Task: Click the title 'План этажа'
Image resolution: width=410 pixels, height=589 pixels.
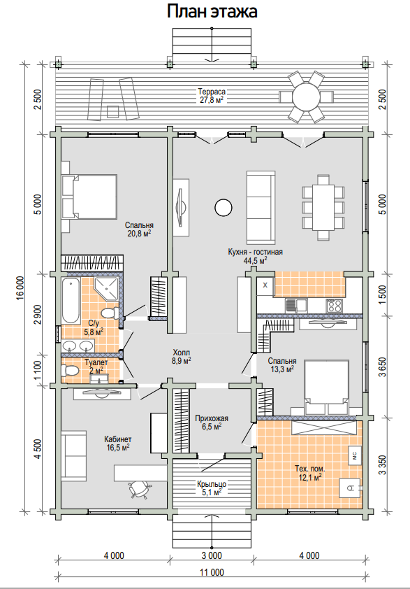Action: click(x=212, y=11)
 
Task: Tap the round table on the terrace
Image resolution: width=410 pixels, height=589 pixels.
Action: click(x=306, y=97)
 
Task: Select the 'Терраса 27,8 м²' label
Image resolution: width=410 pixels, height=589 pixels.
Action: click(x=212, y=96)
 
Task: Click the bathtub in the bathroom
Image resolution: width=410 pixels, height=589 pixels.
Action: click(x=71, y=301)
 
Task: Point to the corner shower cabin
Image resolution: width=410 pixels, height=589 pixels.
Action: click(x=107, y=288)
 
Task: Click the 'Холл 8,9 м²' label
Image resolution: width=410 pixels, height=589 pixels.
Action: click(x=182, y=357)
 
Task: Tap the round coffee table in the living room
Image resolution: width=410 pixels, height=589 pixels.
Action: click(x=224, y=207)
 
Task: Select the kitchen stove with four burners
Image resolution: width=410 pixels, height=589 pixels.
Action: click(x=334, y=305)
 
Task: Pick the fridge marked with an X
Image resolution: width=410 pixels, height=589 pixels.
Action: click(x=265, y=285)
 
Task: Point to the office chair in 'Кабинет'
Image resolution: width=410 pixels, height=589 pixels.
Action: click(x=139, y=489)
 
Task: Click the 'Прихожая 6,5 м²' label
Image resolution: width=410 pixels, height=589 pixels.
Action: click(x=212, y=422)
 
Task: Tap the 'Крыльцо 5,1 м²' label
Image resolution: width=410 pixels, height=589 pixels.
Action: click(x=212, y=488)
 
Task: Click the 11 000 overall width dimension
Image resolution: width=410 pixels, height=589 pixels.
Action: click(x=212, y=572)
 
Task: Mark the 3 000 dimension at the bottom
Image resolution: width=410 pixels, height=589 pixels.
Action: click(x=212, y=555)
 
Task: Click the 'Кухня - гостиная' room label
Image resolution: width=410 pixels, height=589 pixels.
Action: click(x=255, y=252)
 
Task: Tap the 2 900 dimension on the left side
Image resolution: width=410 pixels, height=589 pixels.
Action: click(x=38, y=314)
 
